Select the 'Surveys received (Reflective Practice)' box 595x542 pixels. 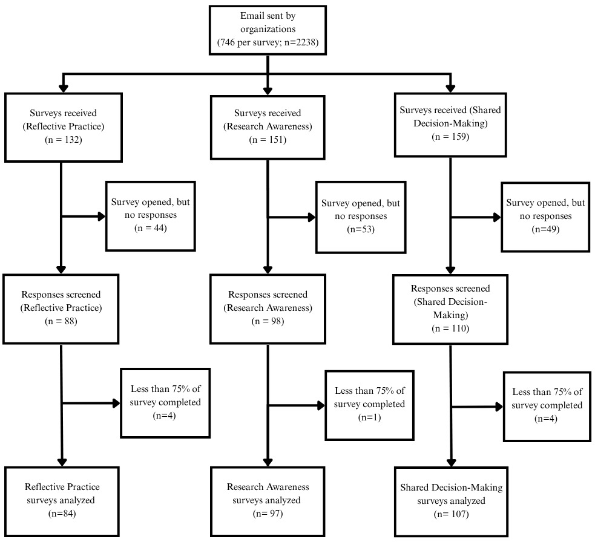[x=61, y=126]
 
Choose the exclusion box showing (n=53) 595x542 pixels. [x=360, y=216]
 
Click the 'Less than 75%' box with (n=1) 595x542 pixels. [x=369, y=404]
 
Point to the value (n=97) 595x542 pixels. [x=268, y=514]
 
